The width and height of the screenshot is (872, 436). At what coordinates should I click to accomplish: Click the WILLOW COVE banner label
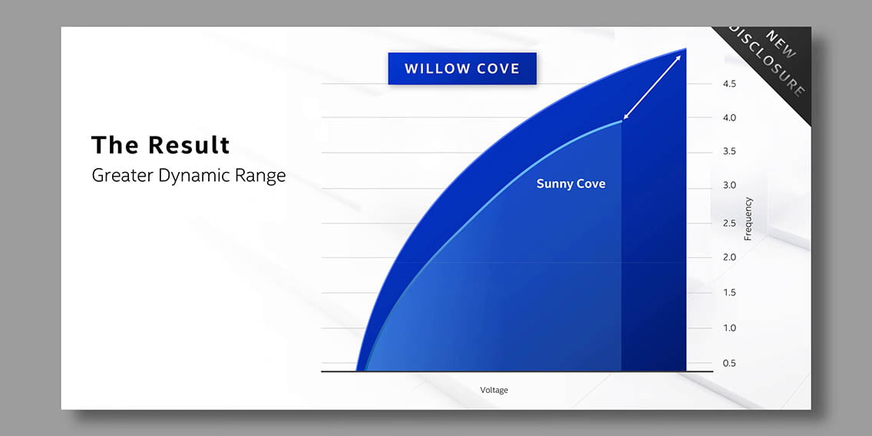462,68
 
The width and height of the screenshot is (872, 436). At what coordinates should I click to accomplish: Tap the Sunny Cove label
570,184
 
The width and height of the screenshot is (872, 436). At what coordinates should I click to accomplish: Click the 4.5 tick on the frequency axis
730,84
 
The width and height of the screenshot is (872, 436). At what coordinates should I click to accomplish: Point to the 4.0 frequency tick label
730,118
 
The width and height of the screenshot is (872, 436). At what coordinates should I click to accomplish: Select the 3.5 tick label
730,151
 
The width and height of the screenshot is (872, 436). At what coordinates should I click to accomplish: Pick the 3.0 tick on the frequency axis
730,185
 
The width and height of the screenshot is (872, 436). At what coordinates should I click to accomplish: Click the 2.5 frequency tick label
730,223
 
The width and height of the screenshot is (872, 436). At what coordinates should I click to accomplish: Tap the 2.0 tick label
730,257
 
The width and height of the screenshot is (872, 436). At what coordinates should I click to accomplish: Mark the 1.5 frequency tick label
730,292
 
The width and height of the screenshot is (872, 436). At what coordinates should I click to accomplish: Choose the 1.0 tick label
730,328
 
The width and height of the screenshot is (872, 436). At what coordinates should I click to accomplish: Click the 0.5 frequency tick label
730,364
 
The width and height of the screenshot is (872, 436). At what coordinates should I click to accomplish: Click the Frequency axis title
748,219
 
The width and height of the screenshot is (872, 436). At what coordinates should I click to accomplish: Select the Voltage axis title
494,391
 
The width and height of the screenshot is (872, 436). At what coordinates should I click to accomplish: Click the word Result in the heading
189,145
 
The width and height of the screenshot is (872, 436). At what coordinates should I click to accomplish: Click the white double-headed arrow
652,88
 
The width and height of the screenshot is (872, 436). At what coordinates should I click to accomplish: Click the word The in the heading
114,145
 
